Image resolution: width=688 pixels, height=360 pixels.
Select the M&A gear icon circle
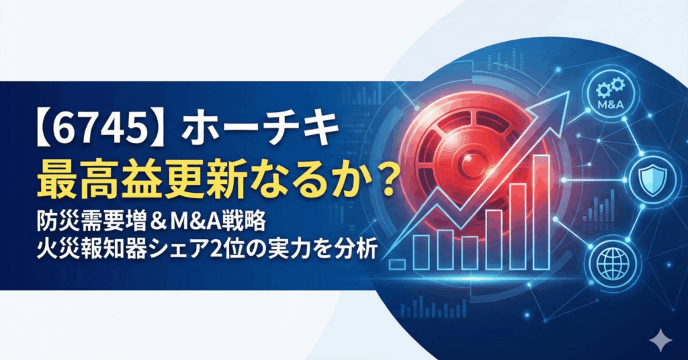pyautogui.click(x=611, y=93)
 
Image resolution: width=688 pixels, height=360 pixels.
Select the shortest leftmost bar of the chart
pyautogui.click(x=398, y=265)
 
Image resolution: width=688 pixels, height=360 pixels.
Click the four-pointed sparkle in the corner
pyautogui.click(x=660, y=339)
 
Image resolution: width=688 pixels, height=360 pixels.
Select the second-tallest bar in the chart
pyautogui.click(x=518, y=226)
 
